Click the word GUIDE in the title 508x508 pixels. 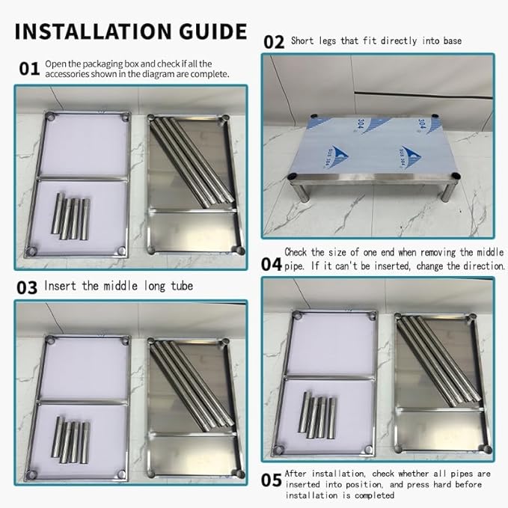point(213,31)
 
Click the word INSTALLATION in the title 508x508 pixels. point(93,31)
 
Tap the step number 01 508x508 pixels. point(29,69)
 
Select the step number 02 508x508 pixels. point(274,42)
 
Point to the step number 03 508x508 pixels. point(27,288)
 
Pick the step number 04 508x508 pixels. point(272,264)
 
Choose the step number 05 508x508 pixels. point(272,480)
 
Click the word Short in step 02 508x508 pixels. point(302,41)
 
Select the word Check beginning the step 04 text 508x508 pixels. point(296,252)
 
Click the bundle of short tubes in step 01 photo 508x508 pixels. point(70,216)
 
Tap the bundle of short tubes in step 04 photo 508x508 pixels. point(317,415)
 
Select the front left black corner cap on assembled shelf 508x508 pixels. point(293,177)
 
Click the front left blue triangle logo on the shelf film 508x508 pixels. point(337,156)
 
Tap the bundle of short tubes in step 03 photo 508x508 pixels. point(70,440)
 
